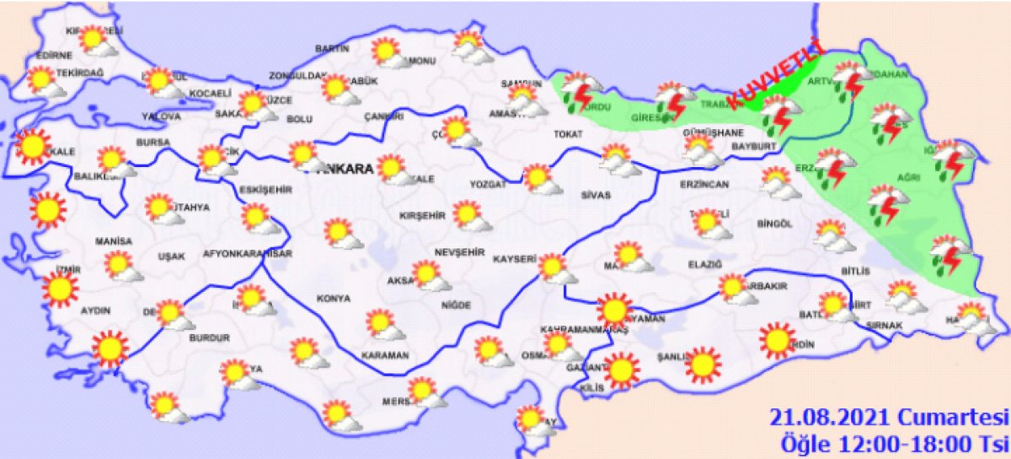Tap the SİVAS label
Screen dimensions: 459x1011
(596, 195)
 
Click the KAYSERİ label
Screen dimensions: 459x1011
(516, 260)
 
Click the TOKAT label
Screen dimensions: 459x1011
(569, 134)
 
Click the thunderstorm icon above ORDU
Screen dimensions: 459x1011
(580, 90)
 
